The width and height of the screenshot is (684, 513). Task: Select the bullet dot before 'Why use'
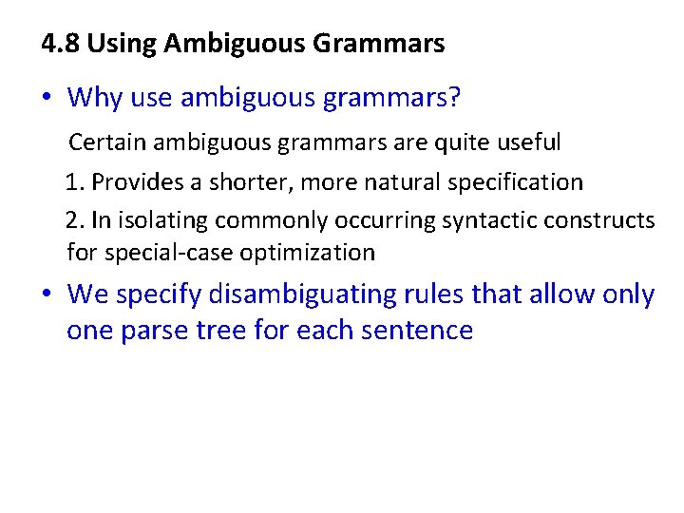click(x=47, y=97)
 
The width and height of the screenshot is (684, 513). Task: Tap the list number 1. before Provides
click(x=75, y=181)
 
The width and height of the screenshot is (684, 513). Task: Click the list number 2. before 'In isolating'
click(x=76, y=220)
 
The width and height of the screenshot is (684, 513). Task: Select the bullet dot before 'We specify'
click(x=47, y=294)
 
